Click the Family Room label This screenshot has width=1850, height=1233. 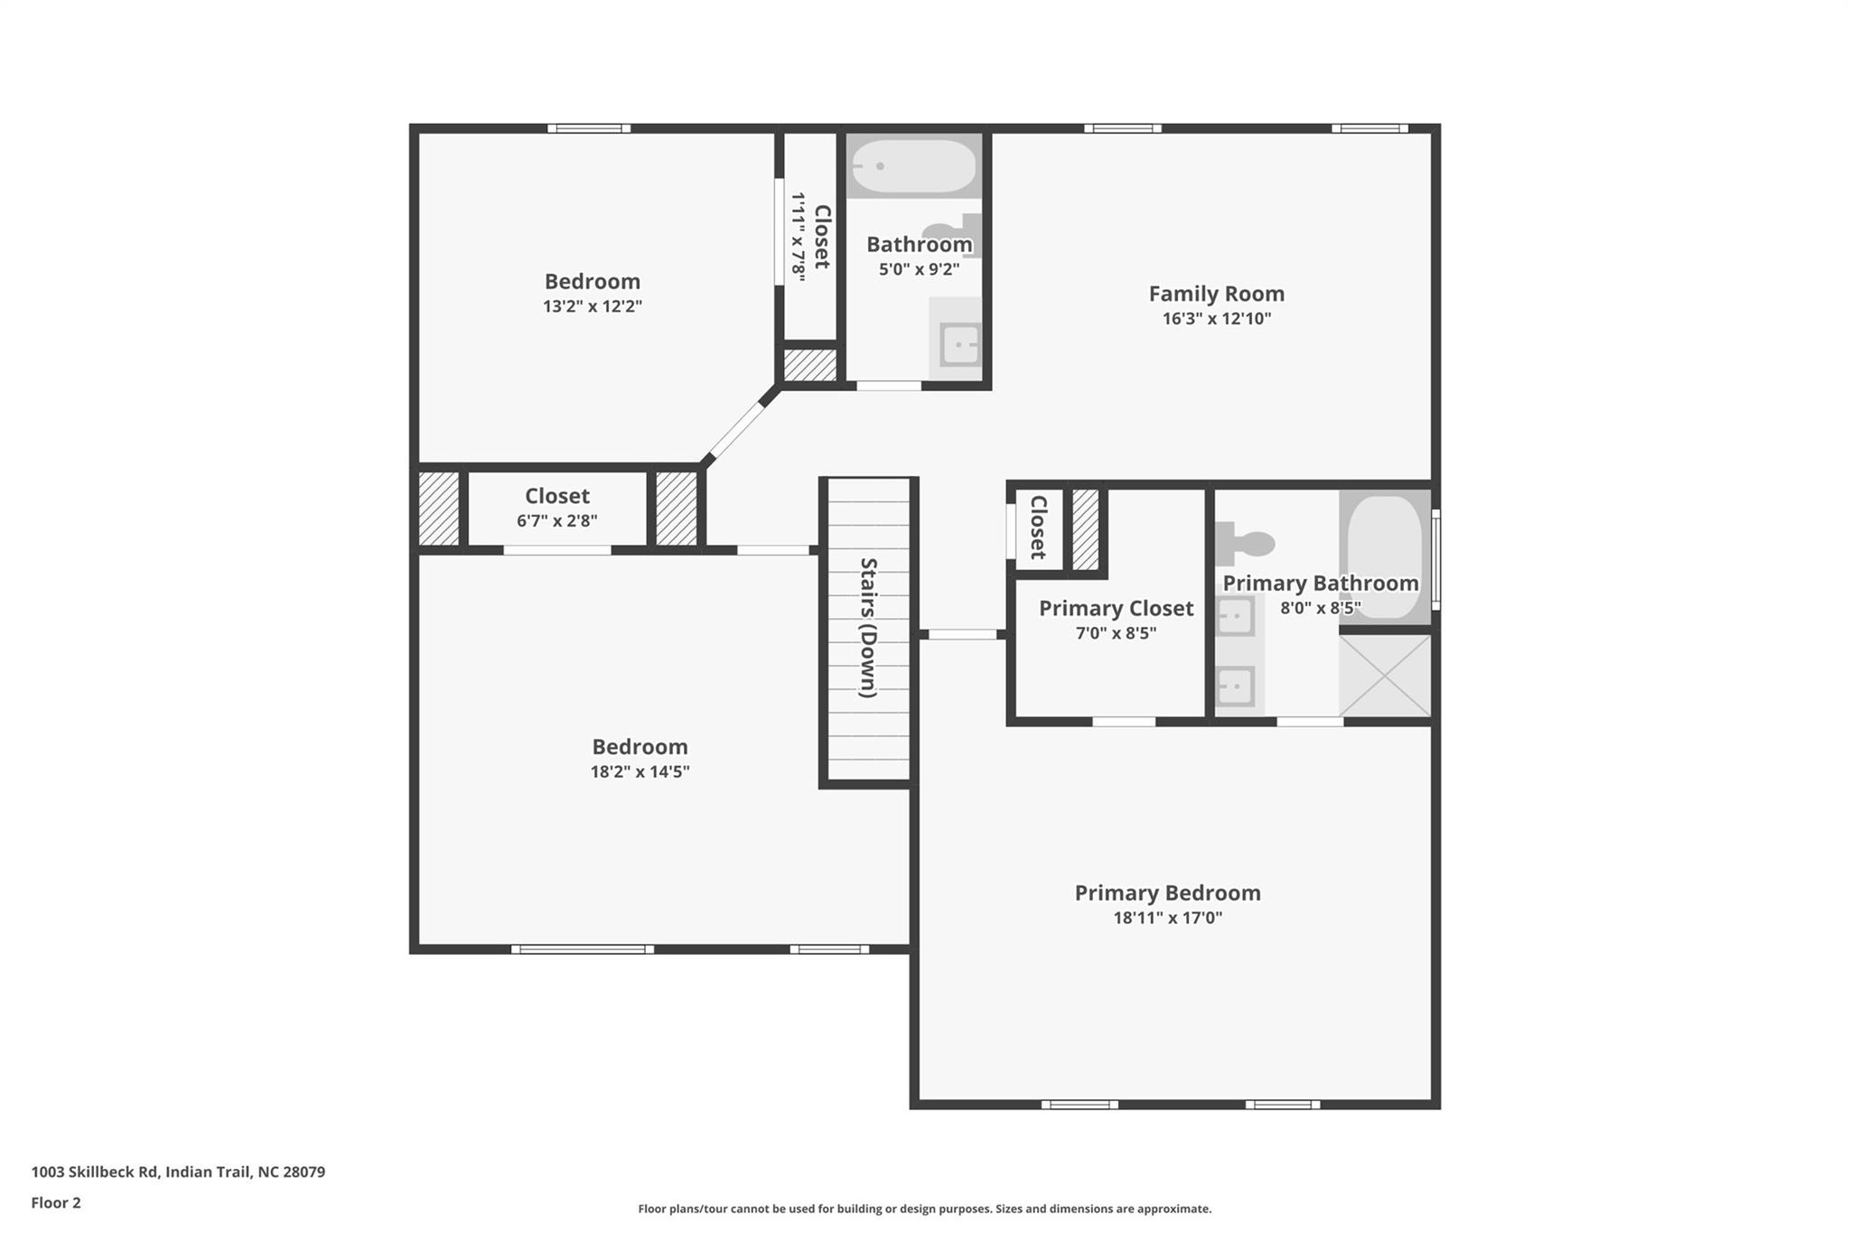click(1216, 294)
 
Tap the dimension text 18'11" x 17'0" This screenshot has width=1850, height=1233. click(1167, 918)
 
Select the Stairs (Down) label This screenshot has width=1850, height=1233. click(868, 628)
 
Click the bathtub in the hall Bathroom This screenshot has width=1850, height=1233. click(914, 166)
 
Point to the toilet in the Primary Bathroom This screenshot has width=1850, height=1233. click(1245, 544)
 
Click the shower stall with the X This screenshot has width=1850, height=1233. click(1385, 676)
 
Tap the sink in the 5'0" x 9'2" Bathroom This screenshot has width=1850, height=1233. click(958, 344)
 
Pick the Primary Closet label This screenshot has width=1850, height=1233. click(1116, 608)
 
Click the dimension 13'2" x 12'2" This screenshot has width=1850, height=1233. click(592, 306)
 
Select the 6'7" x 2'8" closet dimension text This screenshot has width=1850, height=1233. click(556, 521)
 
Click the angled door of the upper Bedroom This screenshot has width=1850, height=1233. click(735, 431)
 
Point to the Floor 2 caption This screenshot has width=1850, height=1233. click(56, 1202)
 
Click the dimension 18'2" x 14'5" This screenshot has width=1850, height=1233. click(640, 771)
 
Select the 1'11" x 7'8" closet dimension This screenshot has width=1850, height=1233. click(799, 238)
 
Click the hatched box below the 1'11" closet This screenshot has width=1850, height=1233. click(809, 365)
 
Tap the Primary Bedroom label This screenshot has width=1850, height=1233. click(1167, 892)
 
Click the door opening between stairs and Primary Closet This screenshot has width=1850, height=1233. click(962, 634)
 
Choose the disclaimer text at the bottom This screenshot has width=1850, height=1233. click(924, 1209)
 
